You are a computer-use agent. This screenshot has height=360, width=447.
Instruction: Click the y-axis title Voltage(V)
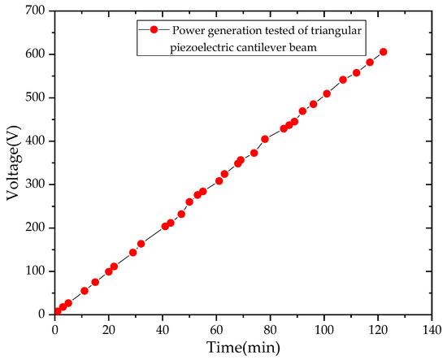[14, 163]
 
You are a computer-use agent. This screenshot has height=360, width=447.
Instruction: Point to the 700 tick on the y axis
[37, 11]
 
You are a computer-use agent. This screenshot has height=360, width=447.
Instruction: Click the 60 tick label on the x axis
[216, 329]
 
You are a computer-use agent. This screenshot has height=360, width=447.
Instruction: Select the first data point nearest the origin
[57, 311]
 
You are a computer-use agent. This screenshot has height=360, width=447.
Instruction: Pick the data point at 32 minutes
[141, 244]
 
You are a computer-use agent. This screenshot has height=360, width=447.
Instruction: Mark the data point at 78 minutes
[265, 139]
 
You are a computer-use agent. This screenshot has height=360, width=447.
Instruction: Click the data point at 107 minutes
[343, 80]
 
